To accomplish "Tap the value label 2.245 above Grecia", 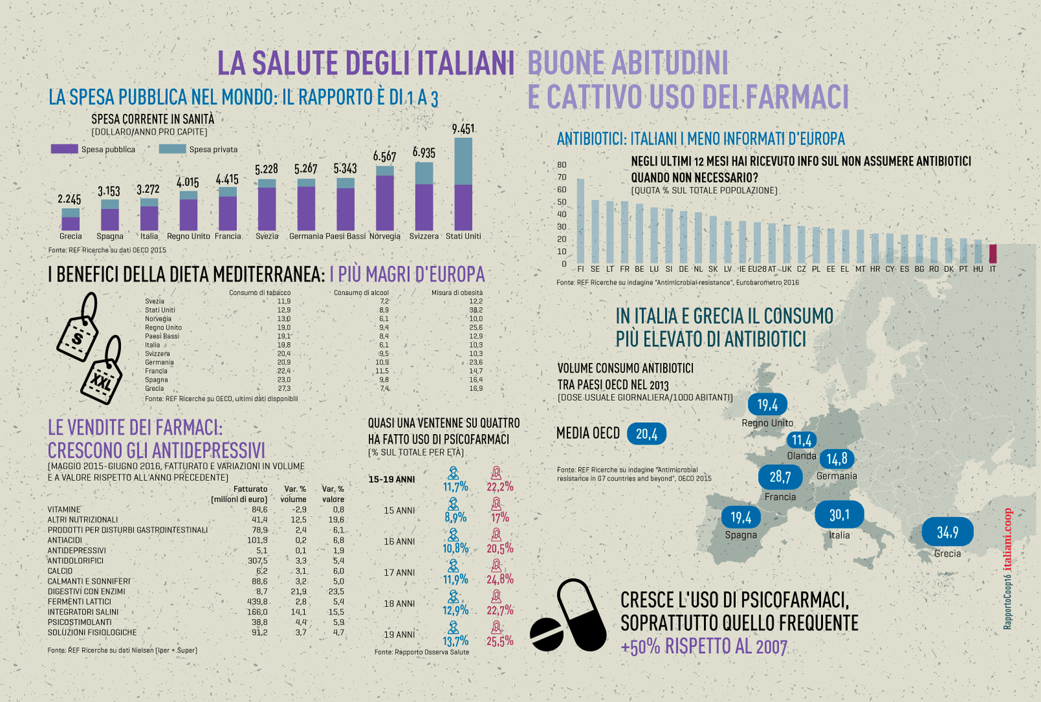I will tap(70, 199).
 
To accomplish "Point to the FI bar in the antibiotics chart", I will tap(580, 221).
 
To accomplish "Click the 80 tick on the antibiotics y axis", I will tap(561, 165).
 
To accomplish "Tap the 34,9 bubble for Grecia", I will tap(947, 532).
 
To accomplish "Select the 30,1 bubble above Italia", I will tap(839, 515).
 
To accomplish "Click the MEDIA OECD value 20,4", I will tap(647, 434).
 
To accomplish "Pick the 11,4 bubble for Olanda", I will tap(802, 440).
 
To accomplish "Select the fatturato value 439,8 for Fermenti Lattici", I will tap(257, 602).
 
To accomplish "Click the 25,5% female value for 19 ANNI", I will tap(500, 641).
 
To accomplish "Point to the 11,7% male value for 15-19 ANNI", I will tap(455, 487).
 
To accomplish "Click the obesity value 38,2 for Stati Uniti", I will tap(476, 310).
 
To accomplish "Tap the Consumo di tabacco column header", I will tap(260, 293).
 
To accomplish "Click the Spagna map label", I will tap(741, 535).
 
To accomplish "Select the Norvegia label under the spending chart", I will tap(385, 236).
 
